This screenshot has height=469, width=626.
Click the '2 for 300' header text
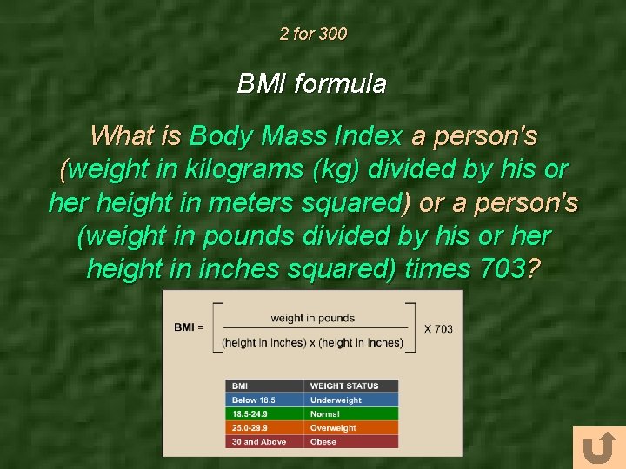(313, 35)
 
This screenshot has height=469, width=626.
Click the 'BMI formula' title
(312, 84)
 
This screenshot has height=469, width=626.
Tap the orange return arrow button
(598, 448)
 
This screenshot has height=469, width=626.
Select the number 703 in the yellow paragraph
(503, 269)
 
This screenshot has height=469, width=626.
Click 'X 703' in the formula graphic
(438, 328)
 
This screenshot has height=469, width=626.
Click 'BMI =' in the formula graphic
(189, 327)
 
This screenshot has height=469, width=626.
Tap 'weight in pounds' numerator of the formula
(313, 318)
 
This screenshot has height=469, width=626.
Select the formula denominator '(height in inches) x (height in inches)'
(312, 342)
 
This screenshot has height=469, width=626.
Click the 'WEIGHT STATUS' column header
(344, 386)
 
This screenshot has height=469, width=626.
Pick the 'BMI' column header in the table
(240, 386)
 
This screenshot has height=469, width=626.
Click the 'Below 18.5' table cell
(254, 400)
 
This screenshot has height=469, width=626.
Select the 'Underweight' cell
(336, 400)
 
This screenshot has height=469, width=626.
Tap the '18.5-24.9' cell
(250, 414)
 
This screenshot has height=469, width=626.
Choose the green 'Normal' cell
(325, 414)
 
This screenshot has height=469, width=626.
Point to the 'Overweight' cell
(334, 428)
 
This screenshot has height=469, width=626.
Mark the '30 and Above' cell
(259, 442)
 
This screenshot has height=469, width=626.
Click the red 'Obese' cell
(323, 442)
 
